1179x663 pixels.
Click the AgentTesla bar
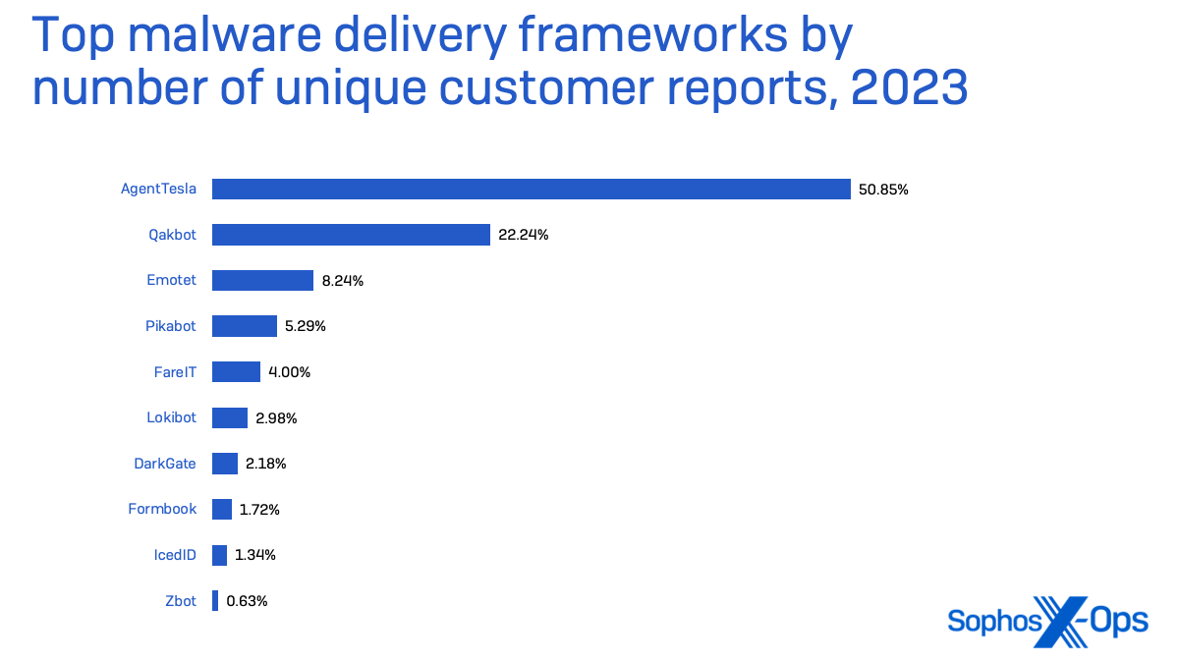tap(531, 189)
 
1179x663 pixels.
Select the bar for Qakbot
tap(351, 235)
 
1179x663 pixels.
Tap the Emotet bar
tap(262, 280)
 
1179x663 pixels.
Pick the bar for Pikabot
tap(245, 326)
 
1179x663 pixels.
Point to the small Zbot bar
tap(215, 601)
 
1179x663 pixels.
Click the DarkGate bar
tap(225, 464)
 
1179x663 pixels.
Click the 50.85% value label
tap(883, 190)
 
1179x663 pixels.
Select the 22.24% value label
tap(523, 235)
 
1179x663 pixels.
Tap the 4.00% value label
tap(289, 372)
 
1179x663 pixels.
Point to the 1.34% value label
tap(255, 555)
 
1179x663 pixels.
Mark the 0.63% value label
tap(247, 601)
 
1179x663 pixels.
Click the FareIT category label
tap(175, 372)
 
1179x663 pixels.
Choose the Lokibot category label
tap(171, 417)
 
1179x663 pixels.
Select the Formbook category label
tap(162, 509)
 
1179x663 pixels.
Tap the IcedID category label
tap(176, 555)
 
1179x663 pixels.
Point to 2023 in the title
tap(909, 88)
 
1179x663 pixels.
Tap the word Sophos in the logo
tap(989, 621)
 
